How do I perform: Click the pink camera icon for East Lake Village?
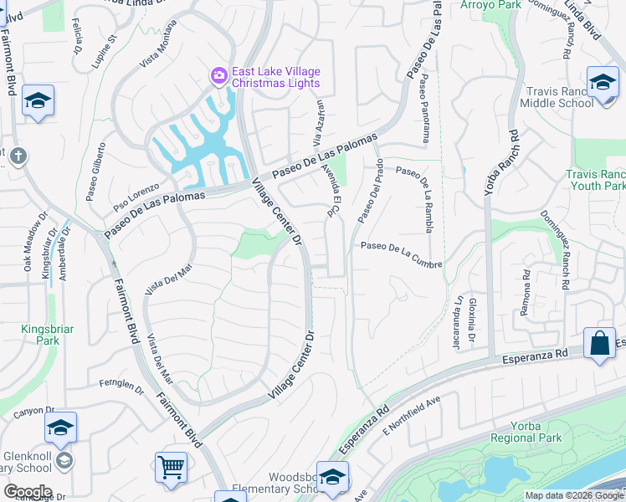click(x=219, y=76)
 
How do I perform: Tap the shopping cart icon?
click(x=172, y=466)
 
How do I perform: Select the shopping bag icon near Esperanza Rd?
click(x=599, y=343)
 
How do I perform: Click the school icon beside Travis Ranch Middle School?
click(x=603, y=82)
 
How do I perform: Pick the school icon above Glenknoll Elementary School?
click(x=60, y=428)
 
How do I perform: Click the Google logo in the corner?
click(x=28, y=492)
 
